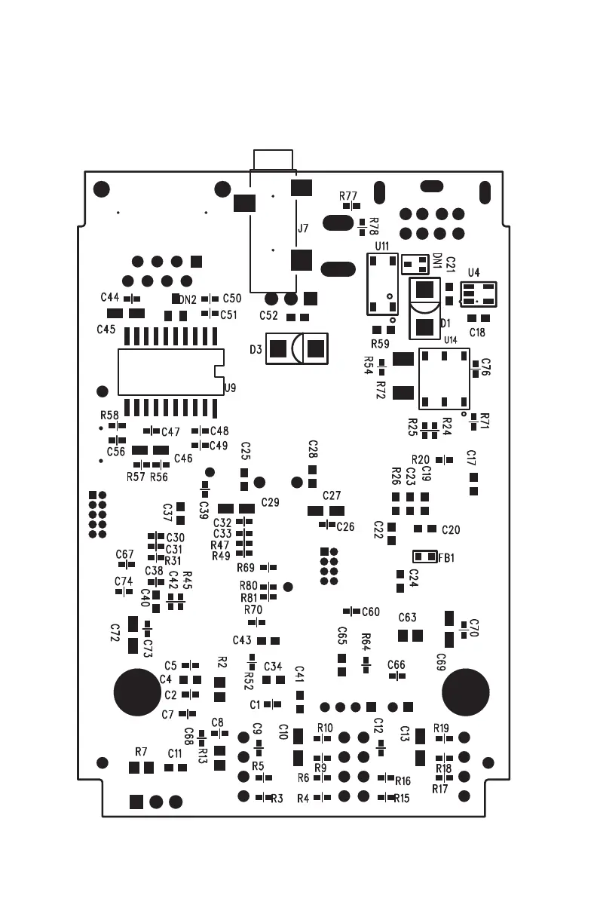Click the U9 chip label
click(x=230, y=388)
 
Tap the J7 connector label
click(x=303, y=228)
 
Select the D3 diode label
click(x=256, y=349)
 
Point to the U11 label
click(x=381, y=247)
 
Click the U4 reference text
click(x=473, y=272)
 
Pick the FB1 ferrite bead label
click(x=446, y=558)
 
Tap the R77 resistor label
click(x=348, y=196)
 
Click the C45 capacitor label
click(x=106, y=330)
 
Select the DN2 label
click(x=188, y=299)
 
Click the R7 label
click(x=141, y=752)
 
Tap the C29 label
click(x=270, y=502)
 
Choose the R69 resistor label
click(x=246, y=567)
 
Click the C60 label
click(x=371, y=612)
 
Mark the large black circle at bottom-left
click(x=137, y=691)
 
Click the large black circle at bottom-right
click(x=465, y=691)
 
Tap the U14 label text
click(x=450, y=340)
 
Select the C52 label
click(x=268, y=315)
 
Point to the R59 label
click(x=380, y=344)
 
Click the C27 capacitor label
click(x=332, y=495)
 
